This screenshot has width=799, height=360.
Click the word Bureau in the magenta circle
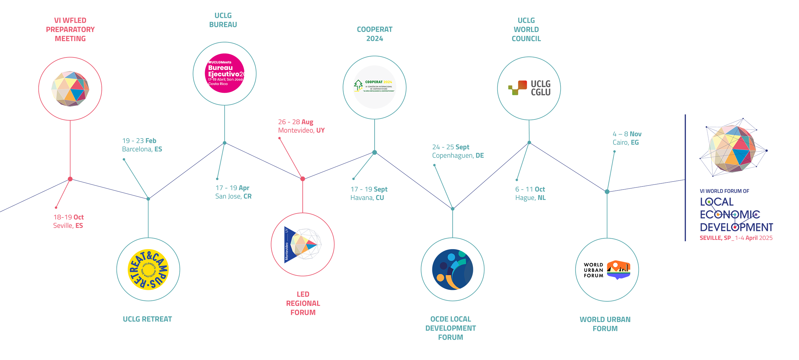click(x=220, y=68)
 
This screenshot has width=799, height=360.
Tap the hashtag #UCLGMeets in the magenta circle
click(x=220, y=62)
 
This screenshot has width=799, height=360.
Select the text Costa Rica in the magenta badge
click(x=218, y=84)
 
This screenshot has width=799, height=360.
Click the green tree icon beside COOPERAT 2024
click(x=358, y=85)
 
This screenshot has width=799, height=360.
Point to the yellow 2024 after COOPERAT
click(x=388, y=82)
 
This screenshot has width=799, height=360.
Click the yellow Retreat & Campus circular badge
click(x=148, y=269)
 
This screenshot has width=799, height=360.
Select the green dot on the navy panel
click(x=709, y=202)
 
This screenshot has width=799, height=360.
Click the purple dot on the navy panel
click(x=757, y=214)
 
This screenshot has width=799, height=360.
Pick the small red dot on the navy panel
click(x=734, y=228)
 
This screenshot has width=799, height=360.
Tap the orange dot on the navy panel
click(x=718, y=214)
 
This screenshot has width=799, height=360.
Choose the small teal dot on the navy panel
click(x=735, y=214)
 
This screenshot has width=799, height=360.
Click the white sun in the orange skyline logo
click(x=615, y=265)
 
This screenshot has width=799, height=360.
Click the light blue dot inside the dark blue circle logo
click(x=451, y=257)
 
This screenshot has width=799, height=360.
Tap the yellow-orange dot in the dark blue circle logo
click(x=440, y=277)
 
